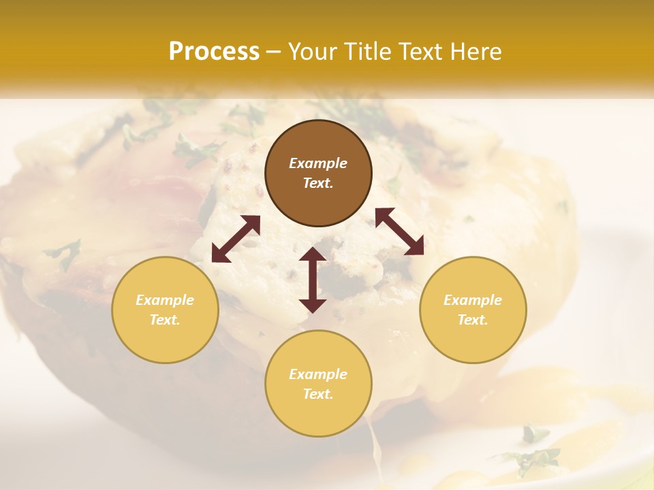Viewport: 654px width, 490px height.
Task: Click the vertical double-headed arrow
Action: pyautogui.click(x=313, y=280)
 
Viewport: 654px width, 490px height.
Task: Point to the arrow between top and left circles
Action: pyautogui.click(x=236, y=239)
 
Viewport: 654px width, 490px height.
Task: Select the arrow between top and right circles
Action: pyautogui.click(x=399, y=231)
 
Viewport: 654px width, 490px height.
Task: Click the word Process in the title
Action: pyautogui.click(x=214, y=52)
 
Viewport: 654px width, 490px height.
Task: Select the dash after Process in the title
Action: pyautogui.click(x=274, y=52)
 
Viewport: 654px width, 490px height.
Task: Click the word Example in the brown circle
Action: pyautogui.click(x=318, y=163)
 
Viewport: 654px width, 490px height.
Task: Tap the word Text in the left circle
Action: pyautogui.click(x=165, y=320)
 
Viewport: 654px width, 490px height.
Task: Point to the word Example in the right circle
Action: pyautogui.click(x=473, y=300)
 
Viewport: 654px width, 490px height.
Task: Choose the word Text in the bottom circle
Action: pyautogui.click(x=318, y=394)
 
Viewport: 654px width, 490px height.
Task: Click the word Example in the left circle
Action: pyautogui.click(x=165, y=300)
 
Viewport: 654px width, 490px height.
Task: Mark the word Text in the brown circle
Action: pyautogui.click(x=318, y=183)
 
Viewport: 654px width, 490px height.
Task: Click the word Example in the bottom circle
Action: pyautogui.click(x=318, y=374)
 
